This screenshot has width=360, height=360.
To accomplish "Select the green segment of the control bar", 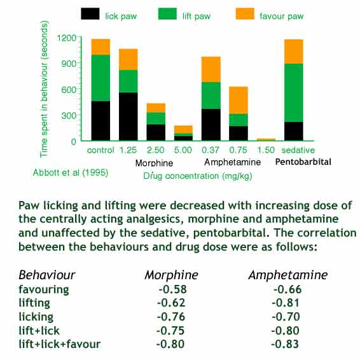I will point(100,78).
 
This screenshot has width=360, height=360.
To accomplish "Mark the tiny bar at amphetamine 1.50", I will point(266,139).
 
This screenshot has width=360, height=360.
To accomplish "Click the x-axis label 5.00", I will point(183,150).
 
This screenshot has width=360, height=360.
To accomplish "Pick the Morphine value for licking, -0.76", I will point(169,316).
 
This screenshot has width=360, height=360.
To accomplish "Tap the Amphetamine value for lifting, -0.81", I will point(284,302).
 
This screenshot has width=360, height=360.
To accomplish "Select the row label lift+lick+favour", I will point(59,344).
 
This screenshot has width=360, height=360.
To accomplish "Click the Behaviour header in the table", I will point(46,275).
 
